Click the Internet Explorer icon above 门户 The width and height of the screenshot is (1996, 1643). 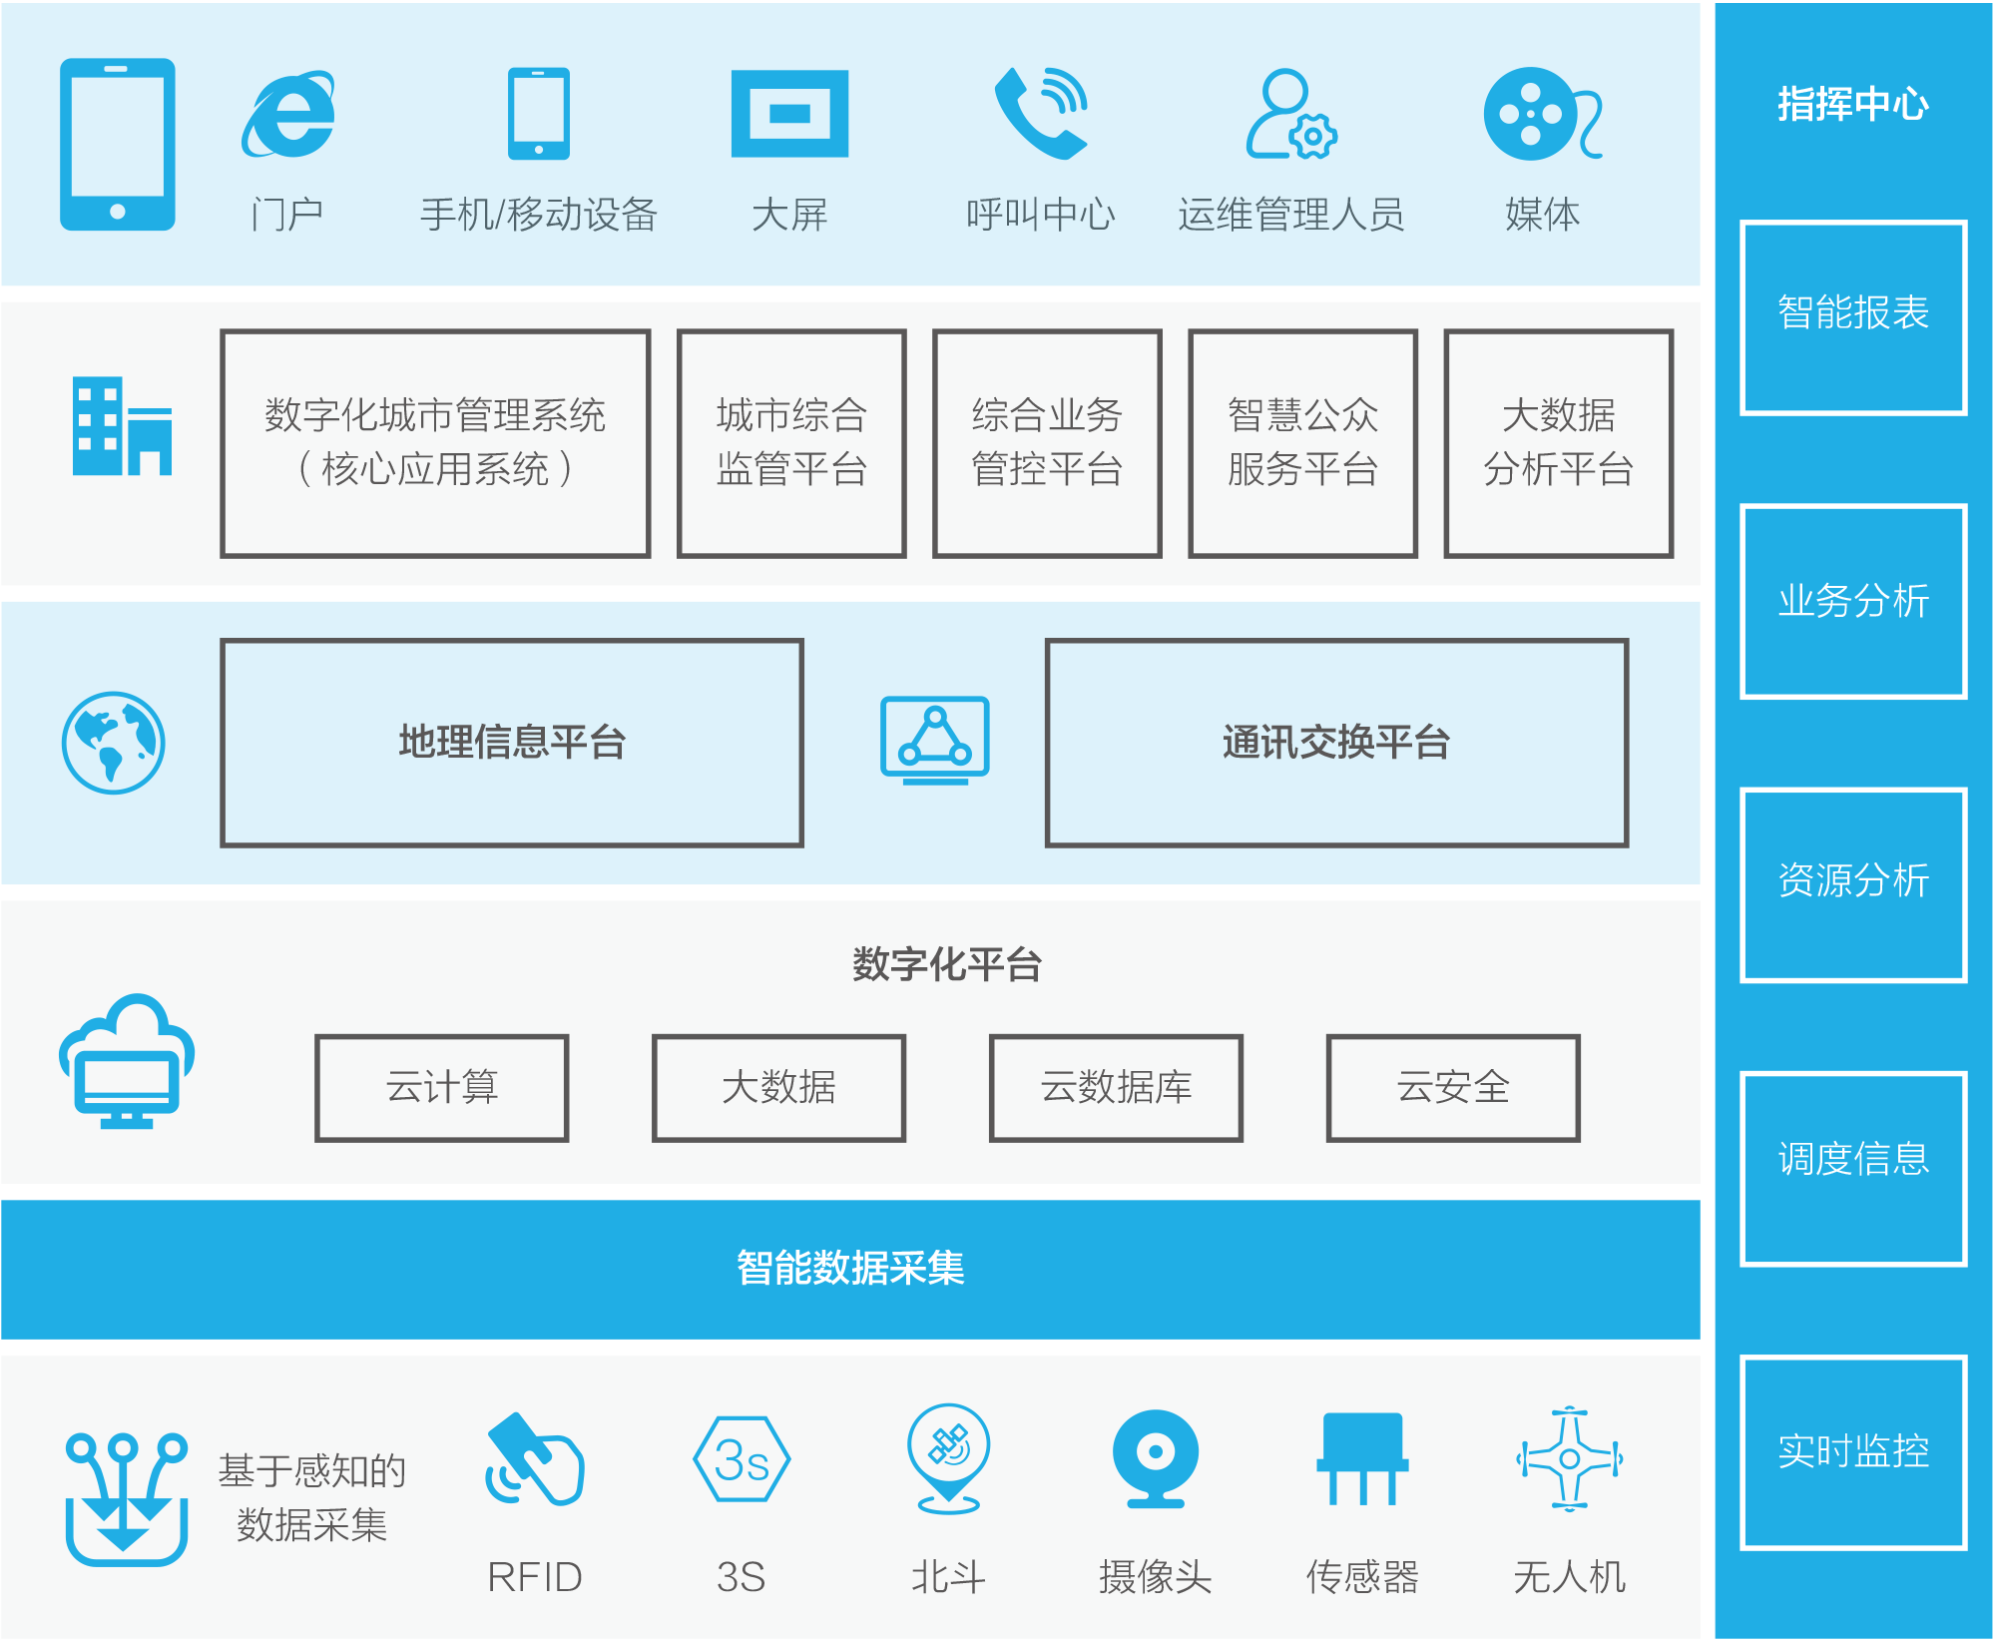tap(288, 114)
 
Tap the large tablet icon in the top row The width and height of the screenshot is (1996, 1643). tap(118, 145)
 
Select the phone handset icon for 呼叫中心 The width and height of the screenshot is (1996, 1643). tap(1040, 113)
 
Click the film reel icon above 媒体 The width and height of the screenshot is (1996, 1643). tap(1542, 114)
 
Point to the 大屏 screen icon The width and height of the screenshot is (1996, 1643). tap(789, 114)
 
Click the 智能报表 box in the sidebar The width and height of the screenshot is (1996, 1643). tap(1853, 317)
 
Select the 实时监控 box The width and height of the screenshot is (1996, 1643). tap(1853, 1452)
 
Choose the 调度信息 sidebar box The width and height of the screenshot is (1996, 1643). tap(1853, 1169)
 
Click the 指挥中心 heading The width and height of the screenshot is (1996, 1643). tap(1853, 104)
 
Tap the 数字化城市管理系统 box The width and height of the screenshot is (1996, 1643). tap(435, 443)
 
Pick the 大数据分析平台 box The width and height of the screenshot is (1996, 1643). tap(1558, 443)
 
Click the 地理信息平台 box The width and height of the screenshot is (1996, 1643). tap(512, 743)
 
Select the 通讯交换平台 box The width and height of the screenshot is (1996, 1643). tap(1336, 743)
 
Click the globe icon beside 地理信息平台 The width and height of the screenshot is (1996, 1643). tap(114, 743)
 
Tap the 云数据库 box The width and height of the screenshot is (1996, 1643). tap(1116, 1088)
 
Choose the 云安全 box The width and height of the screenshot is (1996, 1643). tap(1453, 1088)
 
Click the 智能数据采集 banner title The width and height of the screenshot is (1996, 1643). tap(850, 1269)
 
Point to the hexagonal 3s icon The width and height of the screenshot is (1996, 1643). tap(742, 1459)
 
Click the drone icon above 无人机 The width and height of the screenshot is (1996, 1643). tap(1569, 1459)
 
